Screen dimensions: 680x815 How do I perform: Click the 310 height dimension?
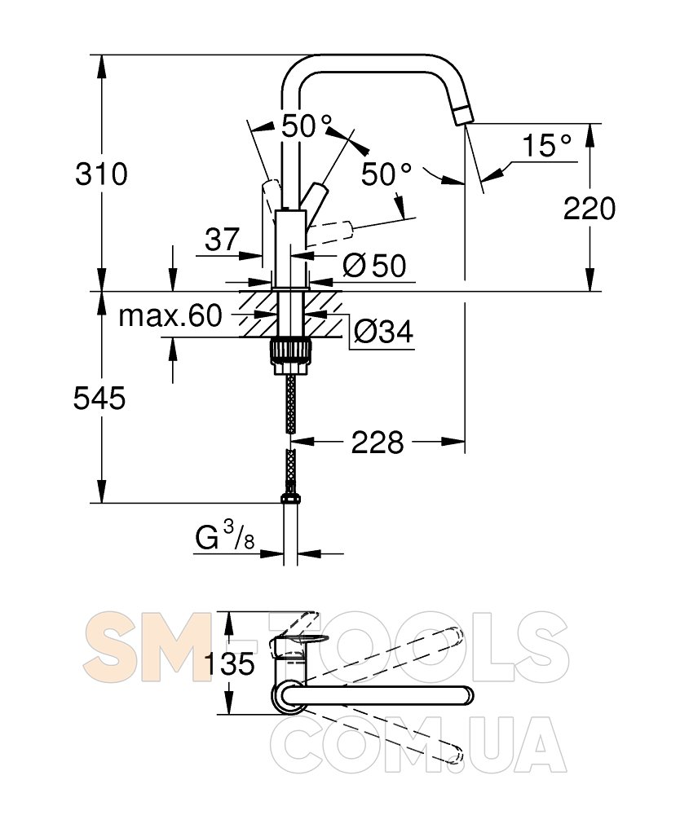[x=101, y=174]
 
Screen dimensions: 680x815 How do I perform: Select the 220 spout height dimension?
[x=589, y=209]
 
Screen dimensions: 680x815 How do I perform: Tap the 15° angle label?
[x=546, y=145]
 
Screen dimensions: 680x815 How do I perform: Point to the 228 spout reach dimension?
[x=378, y=443]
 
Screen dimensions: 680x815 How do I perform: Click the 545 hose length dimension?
[x=99, y=399]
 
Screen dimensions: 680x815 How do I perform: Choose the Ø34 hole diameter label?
[x=383, y=332]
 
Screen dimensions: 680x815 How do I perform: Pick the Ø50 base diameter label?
[x=374, y=266]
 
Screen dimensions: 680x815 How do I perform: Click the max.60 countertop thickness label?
[x=170, y=315]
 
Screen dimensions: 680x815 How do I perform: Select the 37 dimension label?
[x=222, y=240]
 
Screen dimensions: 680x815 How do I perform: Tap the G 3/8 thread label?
[x=225, y=536]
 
